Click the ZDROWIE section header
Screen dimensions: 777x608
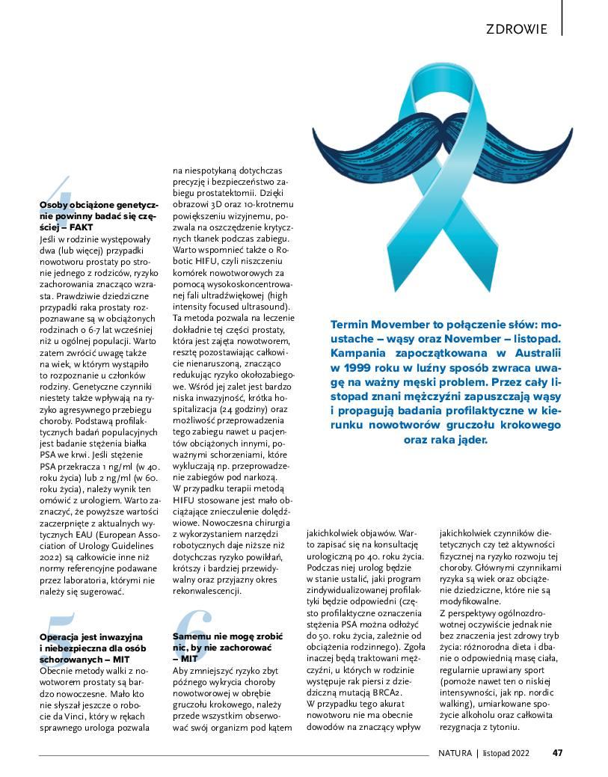pos(516,29)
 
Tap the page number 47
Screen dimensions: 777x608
pos(557,753)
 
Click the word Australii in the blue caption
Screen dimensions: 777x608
pos(533,353)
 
